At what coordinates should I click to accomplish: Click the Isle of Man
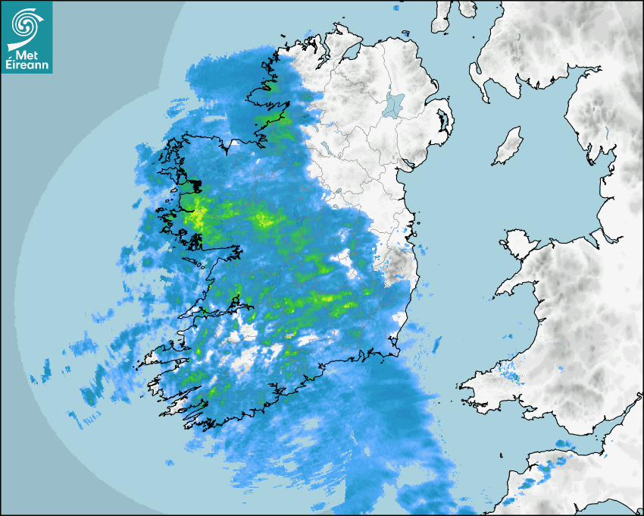[x=508, y=146]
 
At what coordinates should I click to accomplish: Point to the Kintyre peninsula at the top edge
[x=442, y=19]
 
